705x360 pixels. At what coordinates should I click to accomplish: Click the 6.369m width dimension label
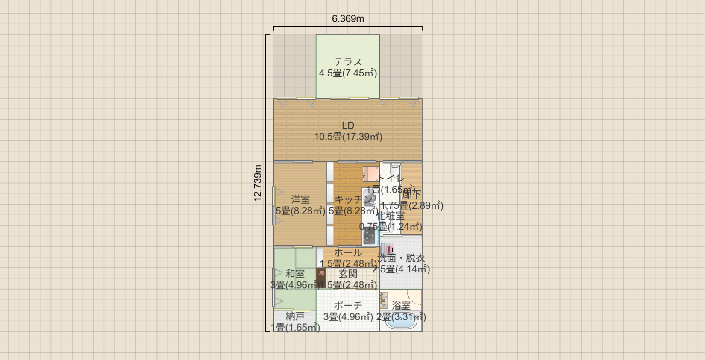pos(348,19)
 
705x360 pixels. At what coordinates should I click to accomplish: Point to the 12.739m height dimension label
pos(258,183)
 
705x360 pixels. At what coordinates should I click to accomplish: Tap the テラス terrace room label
pos(348,62)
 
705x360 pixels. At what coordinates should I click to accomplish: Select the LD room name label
pos(348,126)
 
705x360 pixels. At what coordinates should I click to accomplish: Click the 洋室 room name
pos(300,199)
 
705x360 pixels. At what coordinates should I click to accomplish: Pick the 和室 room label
pos(295,274)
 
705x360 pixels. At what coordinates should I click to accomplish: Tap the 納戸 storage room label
pos(295,316)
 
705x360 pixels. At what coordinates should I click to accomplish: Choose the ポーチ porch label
pos(348,306)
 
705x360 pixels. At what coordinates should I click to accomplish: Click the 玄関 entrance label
pos(348,274)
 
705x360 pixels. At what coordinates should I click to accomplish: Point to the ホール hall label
pos(348,253)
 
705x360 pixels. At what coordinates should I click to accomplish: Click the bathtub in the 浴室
pos(401,322)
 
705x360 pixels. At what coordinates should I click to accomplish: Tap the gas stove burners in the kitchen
pos(369,235)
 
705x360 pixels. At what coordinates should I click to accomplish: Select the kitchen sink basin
pos(369,199)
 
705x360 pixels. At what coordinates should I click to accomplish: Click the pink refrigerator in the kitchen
pos(371,174)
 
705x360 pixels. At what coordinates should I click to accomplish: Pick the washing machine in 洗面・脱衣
pos(388,249)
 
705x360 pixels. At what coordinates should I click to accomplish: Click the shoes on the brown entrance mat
pos(321,274)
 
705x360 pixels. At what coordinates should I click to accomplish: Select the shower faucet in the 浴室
pos(384,299)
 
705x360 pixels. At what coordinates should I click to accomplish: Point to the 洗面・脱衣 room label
pos(401,258)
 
